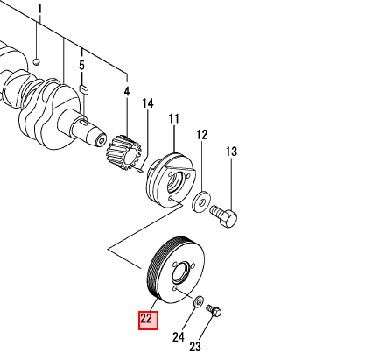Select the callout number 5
[x=81, y=65]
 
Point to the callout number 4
[x=127, y=91]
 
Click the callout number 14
[x=148, y=103]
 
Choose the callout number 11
[x=174, y=119]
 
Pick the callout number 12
[x=202, y=135]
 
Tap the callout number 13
[x=231, y=152]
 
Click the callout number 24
[x=179, y=337]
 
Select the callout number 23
[x=195, y=347]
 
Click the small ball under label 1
[x=36, y=61]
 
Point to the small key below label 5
[x=84, y=89]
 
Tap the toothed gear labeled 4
[x=125, y=152]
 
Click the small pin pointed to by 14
[x=138, y=169]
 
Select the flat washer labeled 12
[x=201, y=201]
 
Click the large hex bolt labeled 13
[x=224, y=215]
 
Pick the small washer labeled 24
[x=199, y=301]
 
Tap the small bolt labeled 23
[x=214, y=311]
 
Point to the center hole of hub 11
[x=176, y=183]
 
